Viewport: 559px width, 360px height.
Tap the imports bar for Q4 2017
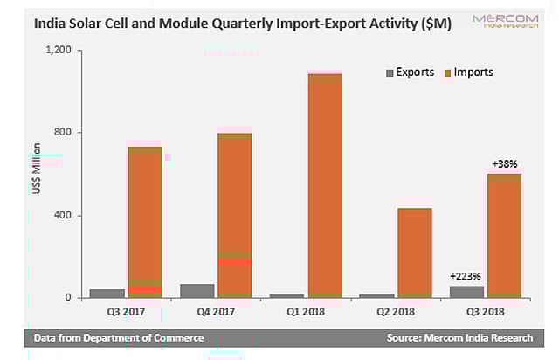click(234, 215)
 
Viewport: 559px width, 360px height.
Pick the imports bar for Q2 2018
click(413, 253)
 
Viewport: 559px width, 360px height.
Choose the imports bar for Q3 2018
click(503, 236)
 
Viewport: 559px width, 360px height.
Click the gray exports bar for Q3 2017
click(107, 294)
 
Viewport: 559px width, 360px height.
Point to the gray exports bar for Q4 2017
click(197, 291)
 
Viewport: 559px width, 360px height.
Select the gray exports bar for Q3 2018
click(465, 292)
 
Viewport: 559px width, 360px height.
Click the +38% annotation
click(504, 163)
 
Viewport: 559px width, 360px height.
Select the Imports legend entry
click(468, 72)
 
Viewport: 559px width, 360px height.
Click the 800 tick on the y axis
click(64, 133)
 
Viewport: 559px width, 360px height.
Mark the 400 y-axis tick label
click(64, 216)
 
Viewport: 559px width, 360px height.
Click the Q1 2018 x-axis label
click(307, 309)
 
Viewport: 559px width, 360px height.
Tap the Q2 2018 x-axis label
click(396, 309)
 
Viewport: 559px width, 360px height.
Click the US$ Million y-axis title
click(37, 175)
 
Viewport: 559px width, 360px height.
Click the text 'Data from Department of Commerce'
click(119, 337)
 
